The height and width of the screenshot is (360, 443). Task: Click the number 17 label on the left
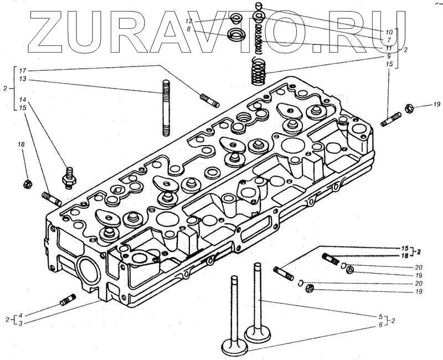coord(22,71)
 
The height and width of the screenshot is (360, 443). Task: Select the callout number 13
coord(22,79)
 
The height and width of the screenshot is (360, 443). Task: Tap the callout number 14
coord(22,100)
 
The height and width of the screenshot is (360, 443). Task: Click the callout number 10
coord(389,32)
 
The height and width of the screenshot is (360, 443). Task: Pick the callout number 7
coord(389,40)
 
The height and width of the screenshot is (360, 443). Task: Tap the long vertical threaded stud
coord(166,107)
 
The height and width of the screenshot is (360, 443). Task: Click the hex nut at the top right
coord(409,107)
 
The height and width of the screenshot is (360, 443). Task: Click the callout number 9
coord(389,56)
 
